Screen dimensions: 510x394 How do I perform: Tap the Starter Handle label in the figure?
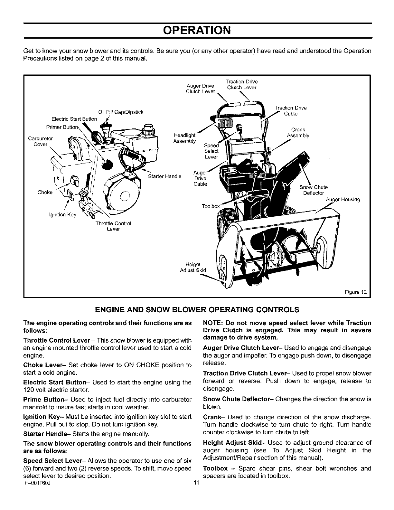click(x=164, y=176)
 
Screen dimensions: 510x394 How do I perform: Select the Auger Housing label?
click(x=343, y=200)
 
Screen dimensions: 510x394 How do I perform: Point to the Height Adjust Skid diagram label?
click(x=193, y=267)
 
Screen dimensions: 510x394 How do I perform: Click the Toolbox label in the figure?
click(x=211, y=206)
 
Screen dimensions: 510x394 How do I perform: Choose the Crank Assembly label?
click(x=298, y=133)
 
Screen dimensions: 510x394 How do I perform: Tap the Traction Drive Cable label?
click(x=290, y=111)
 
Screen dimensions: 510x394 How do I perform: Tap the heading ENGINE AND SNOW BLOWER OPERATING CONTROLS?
click(x=197, y=310)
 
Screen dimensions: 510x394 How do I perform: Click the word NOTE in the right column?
click(x=213, y=323)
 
